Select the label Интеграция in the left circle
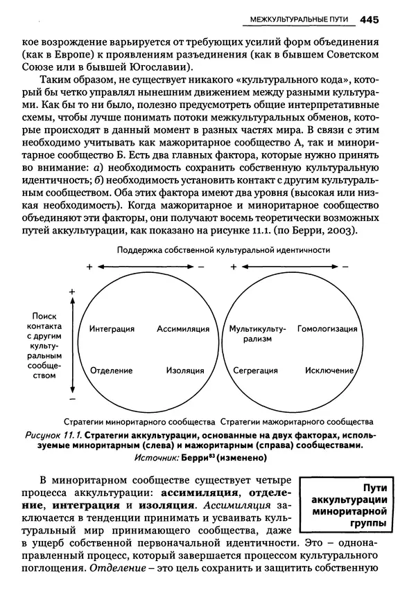tap(112, 328)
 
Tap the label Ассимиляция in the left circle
tap(179, 328)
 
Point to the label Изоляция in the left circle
tap(184, 371)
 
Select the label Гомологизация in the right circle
tap(327, 328)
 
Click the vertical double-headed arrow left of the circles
tap(72, 346)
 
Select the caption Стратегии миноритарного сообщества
tap(139, 421)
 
